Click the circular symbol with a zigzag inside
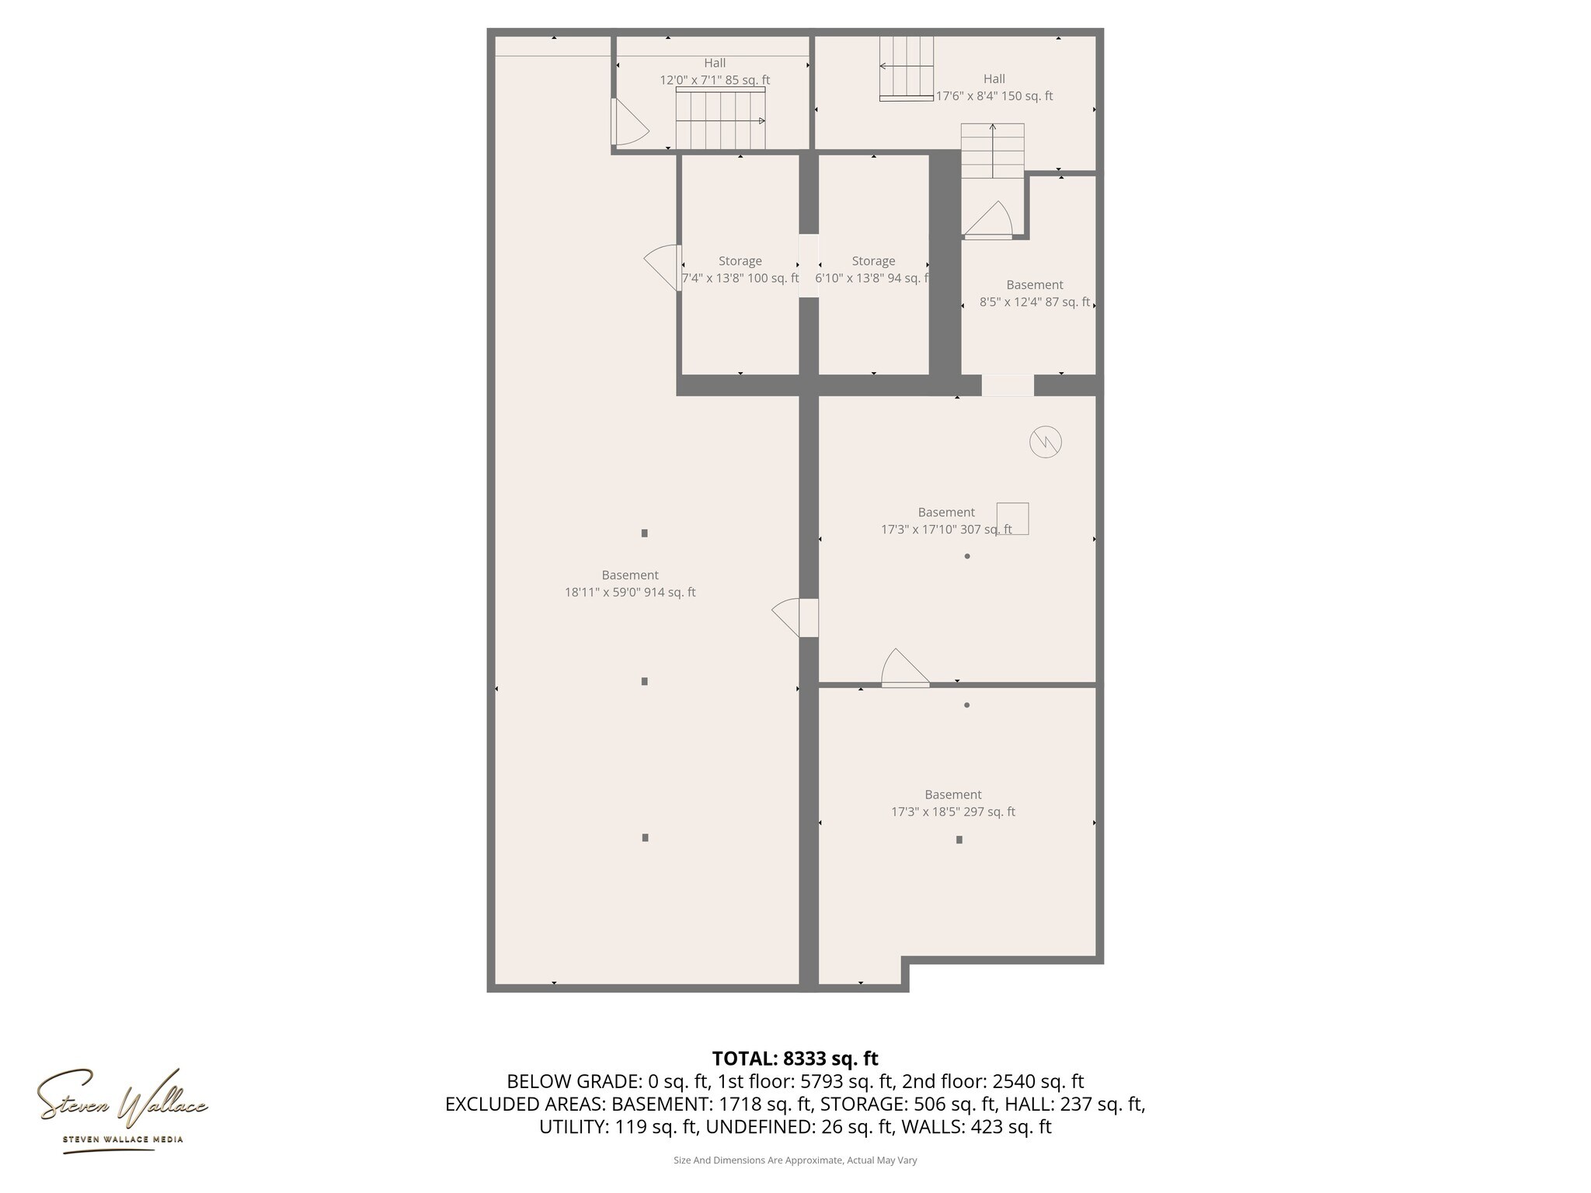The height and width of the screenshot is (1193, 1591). pyautogui.click(x=1045, y=442)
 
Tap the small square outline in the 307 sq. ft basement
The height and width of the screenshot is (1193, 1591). pyautogui.click(x=1012, y=518)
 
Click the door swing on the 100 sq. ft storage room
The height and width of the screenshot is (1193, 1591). pyautogui.click(x=662, y=267)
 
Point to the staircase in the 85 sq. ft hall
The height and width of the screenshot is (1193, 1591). pyautogui.click(x=720, y=119)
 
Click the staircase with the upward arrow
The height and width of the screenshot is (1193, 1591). pyautogui.click(x=992, y=151)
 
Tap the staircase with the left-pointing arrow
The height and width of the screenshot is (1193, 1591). pyautogui.click(x=906, y=68)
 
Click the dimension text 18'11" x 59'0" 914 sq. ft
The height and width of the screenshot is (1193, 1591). pyautogui.click(x=629, y=593)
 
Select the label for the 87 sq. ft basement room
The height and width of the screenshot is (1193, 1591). pyautogui.click(x=1034, y=285)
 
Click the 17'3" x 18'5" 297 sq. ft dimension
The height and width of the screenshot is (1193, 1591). pyautogui.click(x=952, y=812)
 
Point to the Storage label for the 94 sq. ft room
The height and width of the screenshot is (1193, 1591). pyautogui.click(x=873, y=261)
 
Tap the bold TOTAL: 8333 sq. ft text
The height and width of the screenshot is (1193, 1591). pyautogui.click(x=795, y=1059)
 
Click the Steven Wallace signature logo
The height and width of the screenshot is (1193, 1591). pyautogui.click(x=122, y=1097)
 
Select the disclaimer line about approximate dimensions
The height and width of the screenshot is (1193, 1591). pyautogui.click(x=795, y=1160)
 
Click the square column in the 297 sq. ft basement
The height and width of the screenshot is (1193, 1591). pyautogui.click(x=959, y=840)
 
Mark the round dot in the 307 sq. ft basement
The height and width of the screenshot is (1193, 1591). pyautogui.click(x=967, y=556)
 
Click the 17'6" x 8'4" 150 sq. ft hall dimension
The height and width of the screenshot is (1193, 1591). pyautogui.click(x=994, y=96)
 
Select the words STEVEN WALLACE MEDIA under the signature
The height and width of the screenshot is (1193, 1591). pyautogui.click(x=123, y=1139)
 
